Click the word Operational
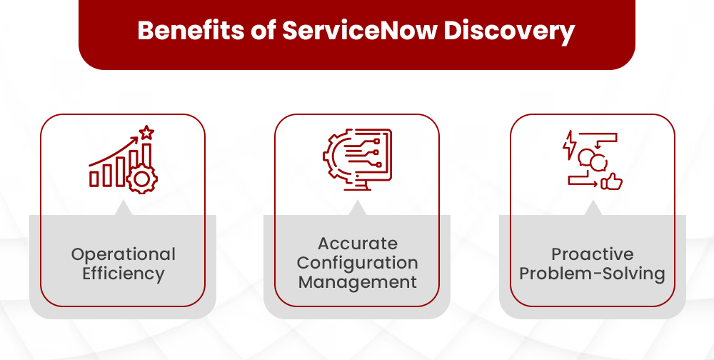click(x=123, y=254)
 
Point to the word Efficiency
click(x=123, y=273)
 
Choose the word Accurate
click(x=357, y=244)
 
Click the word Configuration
click(x=357, y=263)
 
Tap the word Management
click(x=357, y=282)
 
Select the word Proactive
click(x=592, y=254)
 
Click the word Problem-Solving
click(x=592, y=273)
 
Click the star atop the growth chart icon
click(x=146, y=132)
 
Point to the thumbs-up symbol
click(x=611, y=182)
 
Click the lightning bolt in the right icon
click(x=570, y=144)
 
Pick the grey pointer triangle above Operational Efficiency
click(x=123, y=208)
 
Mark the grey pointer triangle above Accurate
click(x=357, y=208)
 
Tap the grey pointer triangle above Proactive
click(x=592, y=208)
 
